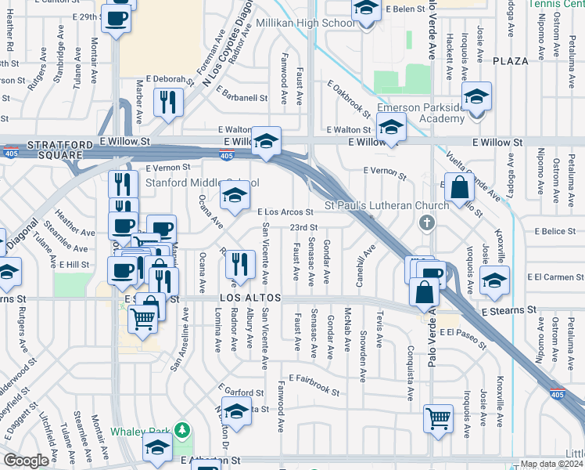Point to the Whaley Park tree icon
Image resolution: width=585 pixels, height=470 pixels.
click(x=182, y=430)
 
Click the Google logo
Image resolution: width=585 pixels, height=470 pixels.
click(x=27, y=461)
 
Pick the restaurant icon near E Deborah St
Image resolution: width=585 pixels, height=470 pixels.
click(x=168, y=102)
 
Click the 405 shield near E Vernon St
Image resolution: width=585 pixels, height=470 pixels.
click(x=226, y=157)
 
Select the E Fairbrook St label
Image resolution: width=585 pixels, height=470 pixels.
click(x=313, y=385)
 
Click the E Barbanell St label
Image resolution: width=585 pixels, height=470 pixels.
click(x=242, y=99)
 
